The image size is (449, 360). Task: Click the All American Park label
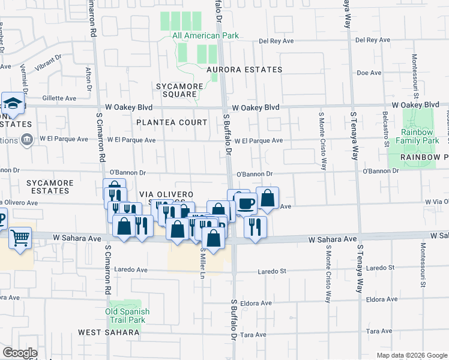[205, 35]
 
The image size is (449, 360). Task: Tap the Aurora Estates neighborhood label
[244, 70]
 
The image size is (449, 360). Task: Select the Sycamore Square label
[176, 90]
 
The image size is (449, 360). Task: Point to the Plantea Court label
[171, 122]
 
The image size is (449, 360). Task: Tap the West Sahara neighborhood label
[109, 332]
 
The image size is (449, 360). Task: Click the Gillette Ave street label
[59, 98]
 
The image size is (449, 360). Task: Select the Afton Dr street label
[88, 80]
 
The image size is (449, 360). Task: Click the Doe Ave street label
[369, 73]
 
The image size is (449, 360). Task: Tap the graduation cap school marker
[13, 104]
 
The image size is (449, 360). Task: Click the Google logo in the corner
[20, 353]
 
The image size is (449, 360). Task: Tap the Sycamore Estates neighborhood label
[49, 187]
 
